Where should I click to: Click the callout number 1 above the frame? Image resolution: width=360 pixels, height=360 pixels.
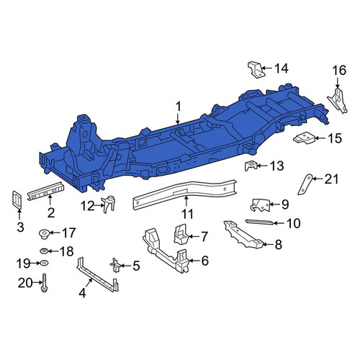tap(178, 107)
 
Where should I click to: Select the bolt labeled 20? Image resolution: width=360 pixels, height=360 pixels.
tap(45, 283)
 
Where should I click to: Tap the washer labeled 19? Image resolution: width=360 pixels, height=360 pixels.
tap(44, 263)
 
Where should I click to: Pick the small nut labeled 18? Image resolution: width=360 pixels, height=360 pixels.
tap(44, 251)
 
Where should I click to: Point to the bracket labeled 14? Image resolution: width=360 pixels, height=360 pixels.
tap(256, 69)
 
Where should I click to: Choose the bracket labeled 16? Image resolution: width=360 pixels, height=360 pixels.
tap(337, 100)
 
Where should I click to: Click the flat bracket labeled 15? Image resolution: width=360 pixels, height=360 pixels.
tap(304, 139)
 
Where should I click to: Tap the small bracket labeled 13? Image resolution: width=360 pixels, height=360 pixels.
tap(251, 166)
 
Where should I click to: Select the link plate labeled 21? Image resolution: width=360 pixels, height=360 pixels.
tap(305, 184)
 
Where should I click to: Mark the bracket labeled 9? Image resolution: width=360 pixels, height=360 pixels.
tap(260, 205)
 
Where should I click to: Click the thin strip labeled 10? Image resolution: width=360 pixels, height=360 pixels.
tap(259, 222)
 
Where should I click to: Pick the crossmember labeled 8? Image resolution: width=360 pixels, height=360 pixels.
tap(243, 235)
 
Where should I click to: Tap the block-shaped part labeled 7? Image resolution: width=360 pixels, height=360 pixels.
tap(181, 234)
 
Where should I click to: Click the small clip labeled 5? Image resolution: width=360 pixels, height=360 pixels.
tap(116, 265)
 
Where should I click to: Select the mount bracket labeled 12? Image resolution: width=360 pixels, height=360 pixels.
tap(109, 204)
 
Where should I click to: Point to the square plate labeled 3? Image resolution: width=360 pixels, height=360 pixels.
tap(17, 199)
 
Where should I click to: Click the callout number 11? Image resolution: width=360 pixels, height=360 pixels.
tap(187, 215)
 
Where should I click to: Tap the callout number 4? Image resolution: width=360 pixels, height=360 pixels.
tap(82, 293)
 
